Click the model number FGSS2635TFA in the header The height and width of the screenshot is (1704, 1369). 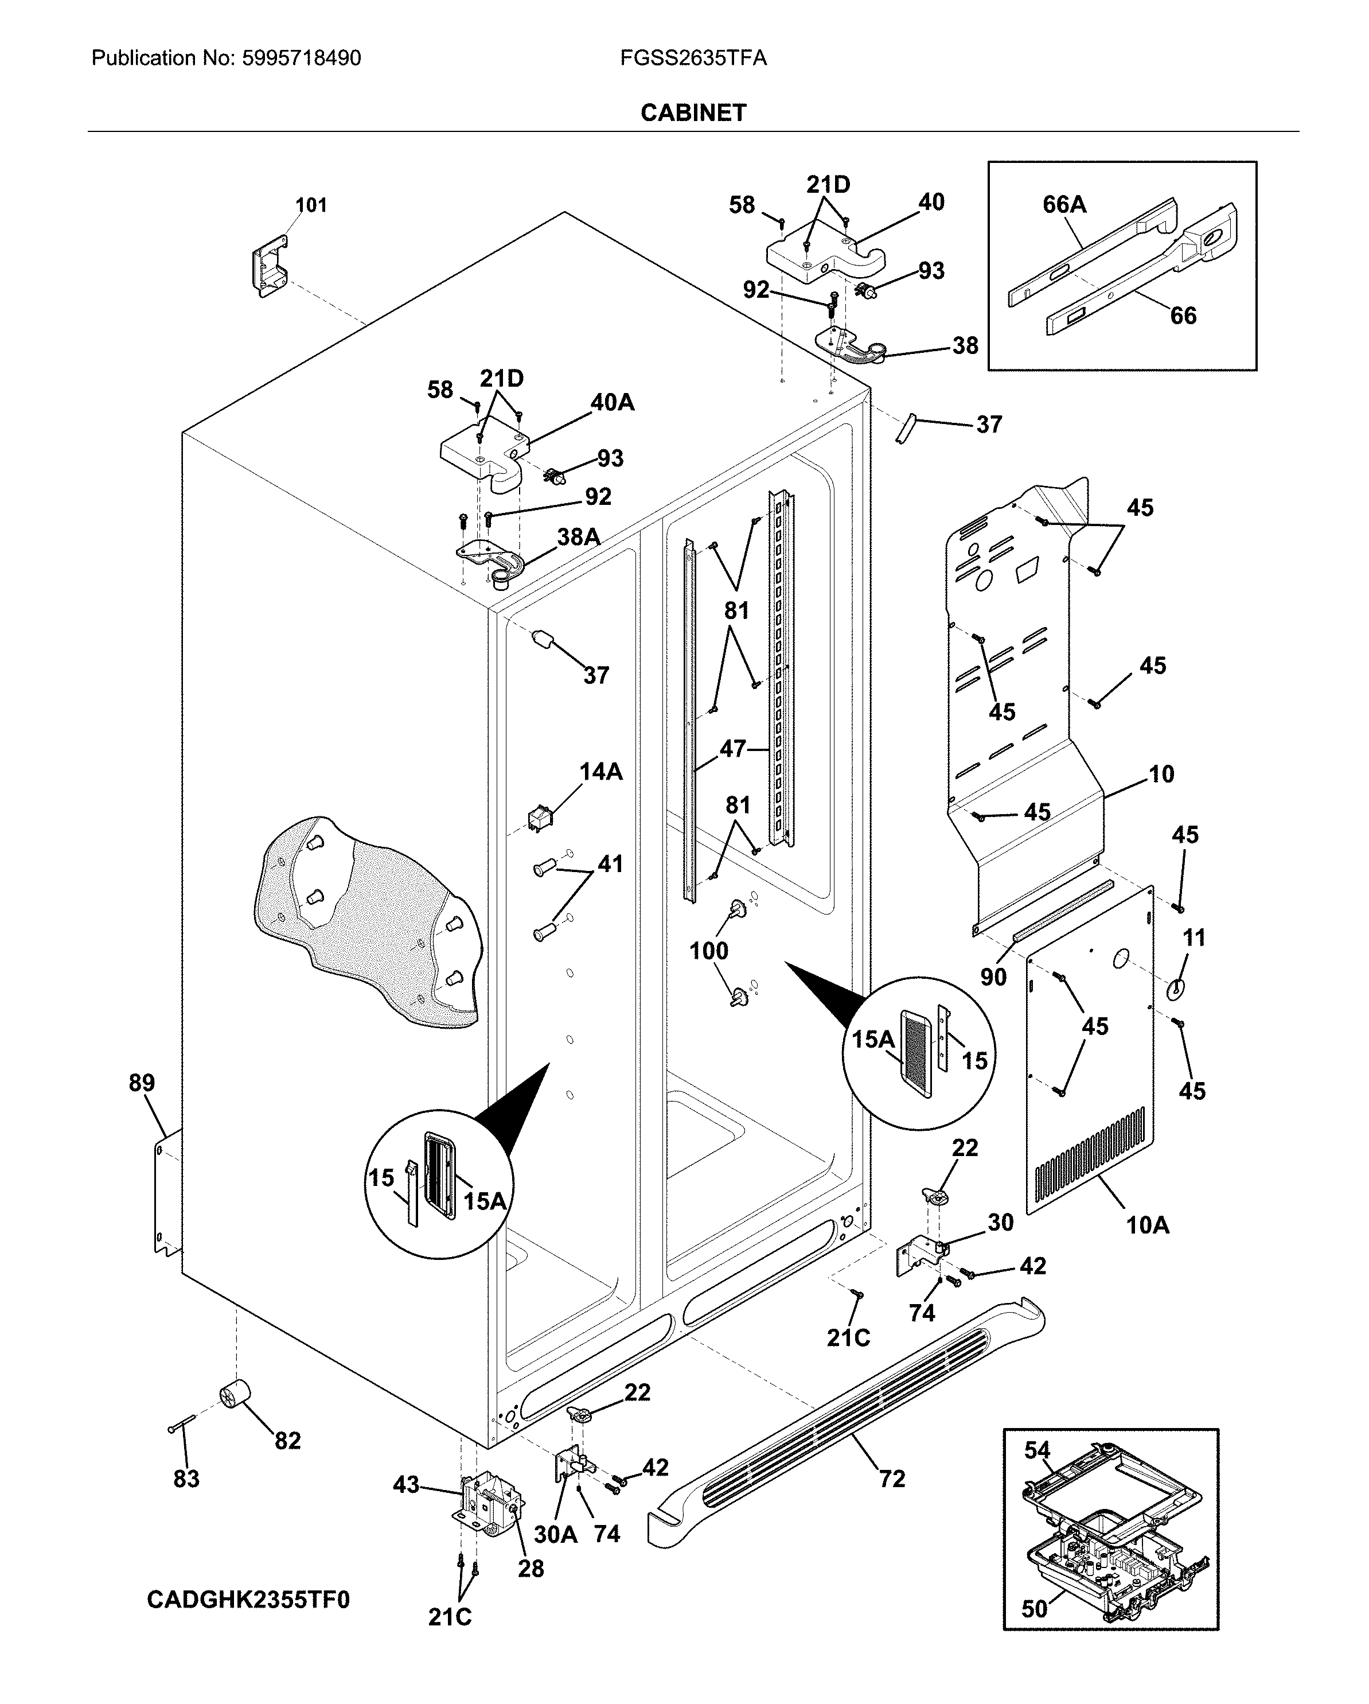tap(693, 58)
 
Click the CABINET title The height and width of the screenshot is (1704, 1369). tap(693, 113)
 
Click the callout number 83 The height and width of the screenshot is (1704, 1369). tap(186, 1479)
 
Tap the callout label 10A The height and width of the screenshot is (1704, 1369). tap(1147, 1225)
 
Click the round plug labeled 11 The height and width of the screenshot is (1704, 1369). tap(1176, 988)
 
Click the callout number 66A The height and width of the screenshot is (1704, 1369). tap(1064, 205)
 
